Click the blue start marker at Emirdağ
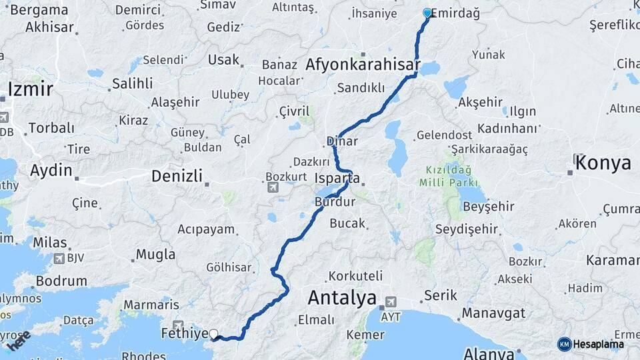427,13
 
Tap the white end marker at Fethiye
213,334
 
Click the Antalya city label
342,297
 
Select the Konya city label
605,163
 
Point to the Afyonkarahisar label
363,65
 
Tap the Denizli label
177,176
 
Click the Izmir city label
31,89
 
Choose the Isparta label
337,179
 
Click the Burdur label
331,200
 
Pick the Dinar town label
342,141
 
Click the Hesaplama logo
590,344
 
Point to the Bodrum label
61,281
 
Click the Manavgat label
494,313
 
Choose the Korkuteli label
355,275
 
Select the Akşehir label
480,102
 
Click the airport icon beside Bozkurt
272,188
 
